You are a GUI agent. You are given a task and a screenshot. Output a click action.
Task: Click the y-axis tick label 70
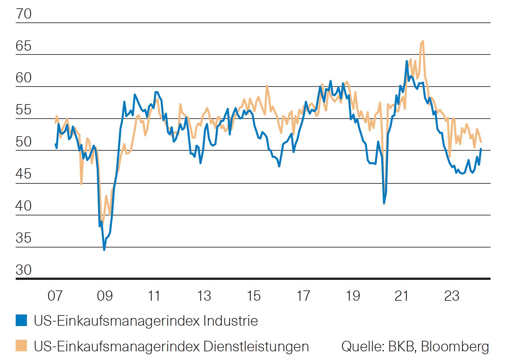pyautogui.click(x=24, y=14)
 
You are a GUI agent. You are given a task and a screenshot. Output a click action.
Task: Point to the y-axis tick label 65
pyautogui.click(x=24, y=46)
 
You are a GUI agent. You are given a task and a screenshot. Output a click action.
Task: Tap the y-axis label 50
pyautogui.click(x=24, y=142)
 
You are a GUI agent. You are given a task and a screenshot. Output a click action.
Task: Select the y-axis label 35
pyautogui.click(x=24, y=238)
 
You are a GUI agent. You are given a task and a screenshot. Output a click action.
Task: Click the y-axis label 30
pyautogui.click(x=24, y=270)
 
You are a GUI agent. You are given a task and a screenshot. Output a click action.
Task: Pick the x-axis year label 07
pyautogui.click(x=55, y=296)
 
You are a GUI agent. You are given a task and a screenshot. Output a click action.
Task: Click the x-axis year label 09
pyautogui.click(x=105, y=296)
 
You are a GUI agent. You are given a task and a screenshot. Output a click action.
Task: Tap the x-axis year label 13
pyautogui.click(x=204, y=296)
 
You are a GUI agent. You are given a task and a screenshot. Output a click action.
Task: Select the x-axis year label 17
pyautogui.click(x=303, y=296)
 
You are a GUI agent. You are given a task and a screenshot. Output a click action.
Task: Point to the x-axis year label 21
pyautogui.click(x=402, y=296)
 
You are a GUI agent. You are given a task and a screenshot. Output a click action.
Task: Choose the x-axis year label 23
pyautogui.click(x=452, y=296)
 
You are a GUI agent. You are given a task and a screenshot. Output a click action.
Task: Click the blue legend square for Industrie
pyautogui.click(x=21, y=321)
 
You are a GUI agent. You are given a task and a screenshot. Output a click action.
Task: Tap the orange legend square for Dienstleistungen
pyautogui.click(x=21, y=346)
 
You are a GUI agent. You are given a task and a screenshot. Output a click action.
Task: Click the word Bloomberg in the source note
pyautogui.click(x=455, y=347)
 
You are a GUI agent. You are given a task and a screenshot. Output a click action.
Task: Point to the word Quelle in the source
pyautogui.click(x=363, y=347)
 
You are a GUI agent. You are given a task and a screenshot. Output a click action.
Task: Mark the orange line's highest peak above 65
pyautogui.click(x=423, y=41)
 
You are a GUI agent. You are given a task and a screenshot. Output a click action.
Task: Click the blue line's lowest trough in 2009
pyautogui.click(x=104, y=249)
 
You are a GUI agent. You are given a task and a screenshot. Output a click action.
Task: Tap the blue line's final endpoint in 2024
pyautogui.click(x=481, y=149)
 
